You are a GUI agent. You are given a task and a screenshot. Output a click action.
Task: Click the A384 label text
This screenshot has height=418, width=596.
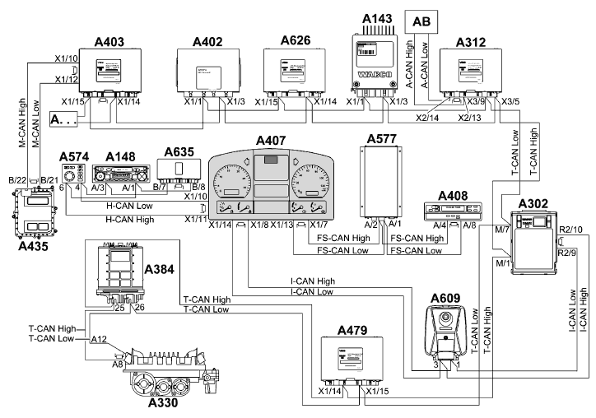pos(161,270)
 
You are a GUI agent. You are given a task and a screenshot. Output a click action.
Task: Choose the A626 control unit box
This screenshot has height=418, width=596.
pos(294,71)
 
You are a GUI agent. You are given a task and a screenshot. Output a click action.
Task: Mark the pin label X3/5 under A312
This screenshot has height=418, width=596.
pos(510,101)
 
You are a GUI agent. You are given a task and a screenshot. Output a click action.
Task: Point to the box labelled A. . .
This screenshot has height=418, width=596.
pos(66,120)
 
